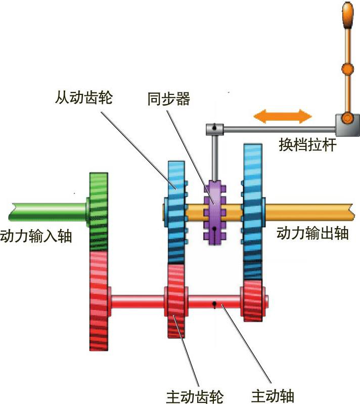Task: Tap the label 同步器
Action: click(x=169, y=98)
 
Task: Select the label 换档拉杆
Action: click(x=308, y=144)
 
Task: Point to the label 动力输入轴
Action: click(x=36, y=235)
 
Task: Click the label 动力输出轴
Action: click(x=312, y=233)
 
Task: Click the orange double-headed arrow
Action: click(x=283, y=116)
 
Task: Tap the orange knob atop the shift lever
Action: click(x=347, y=15)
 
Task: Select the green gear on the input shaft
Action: click(x=99, y=211)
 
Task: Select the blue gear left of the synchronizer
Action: click(x=176, y=212)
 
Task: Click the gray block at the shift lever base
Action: click(x=346, y=125)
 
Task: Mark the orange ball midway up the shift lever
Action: click(x=347, y=68)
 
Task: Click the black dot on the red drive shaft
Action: click(x=215, y=304)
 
